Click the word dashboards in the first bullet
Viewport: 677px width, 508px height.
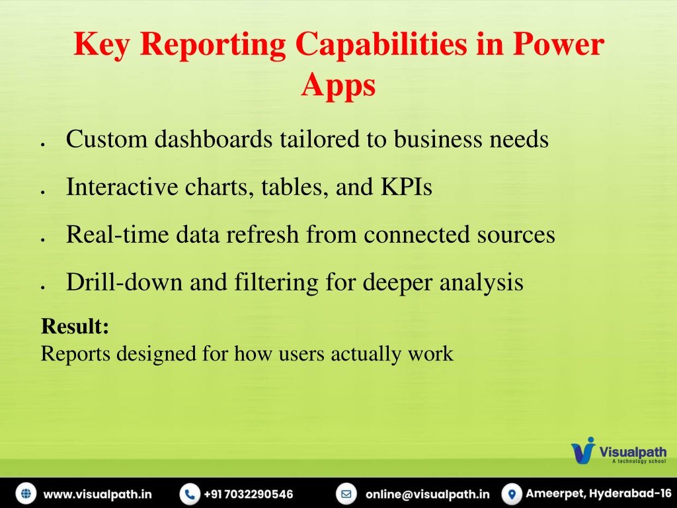click(214, 139)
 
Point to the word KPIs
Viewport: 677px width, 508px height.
click(407, 187)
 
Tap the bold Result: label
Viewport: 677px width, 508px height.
click(75, 325)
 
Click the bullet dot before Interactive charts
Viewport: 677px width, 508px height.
click(43, 192)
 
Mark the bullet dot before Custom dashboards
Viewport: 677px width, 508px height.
click(43, 144)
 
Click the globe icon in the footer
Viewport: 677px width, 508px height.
click(26, 493)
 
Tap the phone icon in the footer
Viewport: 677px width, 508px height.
click(190, 493)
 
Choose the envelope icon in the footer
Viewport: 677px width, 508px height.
click(346, 493)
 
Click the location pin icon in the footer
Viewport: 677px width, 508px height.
click(512, 493)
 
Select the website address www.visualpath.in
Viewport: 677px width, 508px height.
click(98, 494)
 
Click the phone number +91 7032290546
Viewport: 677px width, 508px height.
click(249, 494)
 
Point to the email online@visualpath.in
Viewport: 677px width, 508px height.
click(428, 494)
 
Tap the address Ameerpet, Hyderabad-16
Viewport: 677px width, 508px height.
click(598, 493)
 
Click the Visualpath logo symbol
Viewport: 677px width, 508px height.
click(583, 450)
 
